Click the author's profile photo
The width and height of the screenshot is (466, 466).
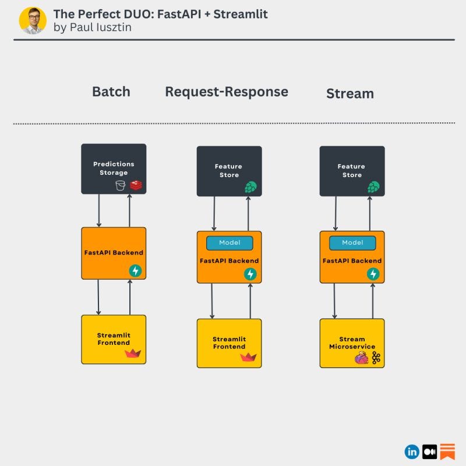(x=33, y=20)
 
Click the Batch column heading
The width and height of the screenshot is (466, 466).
(x=111, y=91)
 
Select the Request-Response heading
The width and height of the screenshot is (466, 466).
(x=226, y=91)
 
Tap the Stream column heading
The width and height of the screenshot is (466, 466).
(x=349, y=94)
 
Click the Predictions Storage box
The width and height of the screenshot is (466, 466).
(x=114, y=168)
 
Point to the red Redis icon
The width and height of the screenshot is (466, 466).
(x=136, y=185)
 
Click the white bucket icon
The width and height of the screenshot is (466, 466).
(x=121, y=185)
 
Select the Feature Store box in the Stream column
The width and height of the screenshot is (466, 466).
(x=352, y=171)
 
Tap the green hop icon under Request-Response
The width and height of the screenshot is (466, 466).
(x=250, y=187)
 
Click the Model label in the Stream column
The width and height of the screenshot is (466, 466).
(x=352, y=243)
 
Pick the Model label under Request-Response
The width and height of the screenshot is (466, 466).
(x=230, y=243)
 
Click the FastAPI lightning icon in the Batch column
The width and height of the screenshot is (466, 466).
(x=136, y=270)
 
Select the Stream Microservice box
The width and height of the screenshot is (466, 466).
(x=352, y=343)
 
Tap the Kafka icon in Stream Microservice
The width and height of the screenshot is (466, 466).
(x=376, y=358)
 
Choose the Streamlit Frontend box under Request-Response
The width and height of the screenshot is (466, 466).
(x=229, y=343)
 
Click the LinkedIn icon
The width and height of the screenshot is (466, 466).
(x=412, y=451)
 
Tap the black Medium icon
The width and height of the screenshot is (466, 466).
(x=430, y=451)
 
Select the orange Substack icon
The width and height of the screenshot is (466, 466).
(x=447, y=451)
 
